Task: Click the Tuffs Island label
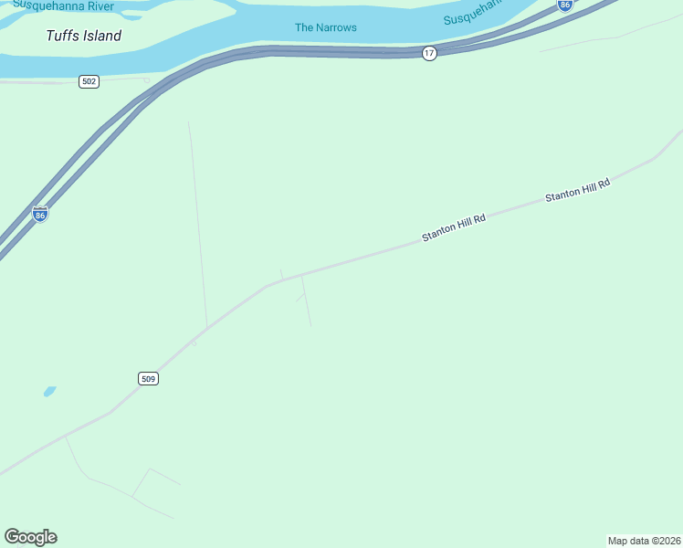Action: [x=84, y=37]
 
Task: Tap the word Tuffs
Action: [x=62, y=37]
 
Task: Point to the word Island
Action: [x=100, y=37]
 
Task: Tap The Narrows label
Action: [x=326, y=27]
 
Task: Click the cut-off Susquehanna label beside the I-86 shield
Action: [x=474, y=13]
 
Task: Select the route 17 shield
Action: [x=429, y=53]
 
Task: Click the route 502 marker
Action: [x=89, y=81]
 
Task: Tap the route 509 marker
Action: [x=149, y=378]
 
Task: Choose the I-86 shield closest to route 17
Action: [x=565, y=5]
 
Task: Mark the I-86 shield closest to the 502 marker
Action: [x=39, y=214]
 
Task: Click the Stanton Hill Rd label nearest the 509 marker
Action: [x=454, y=227]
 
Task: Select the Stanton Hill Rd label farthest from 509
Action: [x=577, y=190]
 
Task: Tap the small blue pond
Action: [x=49, y=391]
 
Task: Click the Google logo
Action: [x=30, y=537]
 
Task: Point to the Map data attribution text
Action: [x=644, y=541]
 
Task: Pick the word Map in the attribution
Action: [x=618, y=541]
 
